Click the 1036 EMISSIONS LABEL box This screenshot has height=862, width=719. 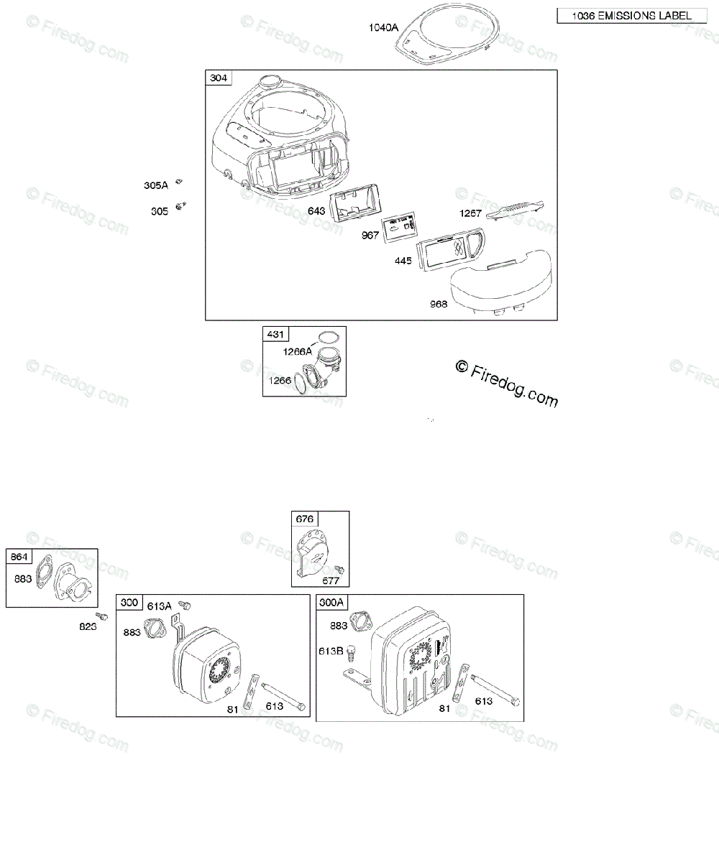click(x=630, y=16)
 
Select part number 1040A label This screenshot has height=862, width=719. click(x=383, y=27)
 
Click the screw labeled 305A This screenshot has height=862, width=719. click(x=183, y=182)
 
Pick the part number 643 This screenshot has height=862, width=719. click(x=316, y=211)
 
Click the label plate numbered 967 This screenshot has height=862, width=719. click(x=400, y=227)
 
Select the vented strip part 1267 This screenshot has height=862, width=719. click(x=515, y=209)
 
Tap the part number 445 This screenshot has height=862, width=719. click(x=403, y=260)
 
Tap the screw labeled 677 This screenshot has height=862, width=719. click(x=341, y=570)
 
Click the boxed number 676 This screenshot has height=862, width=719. click(x=303, y=519)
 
